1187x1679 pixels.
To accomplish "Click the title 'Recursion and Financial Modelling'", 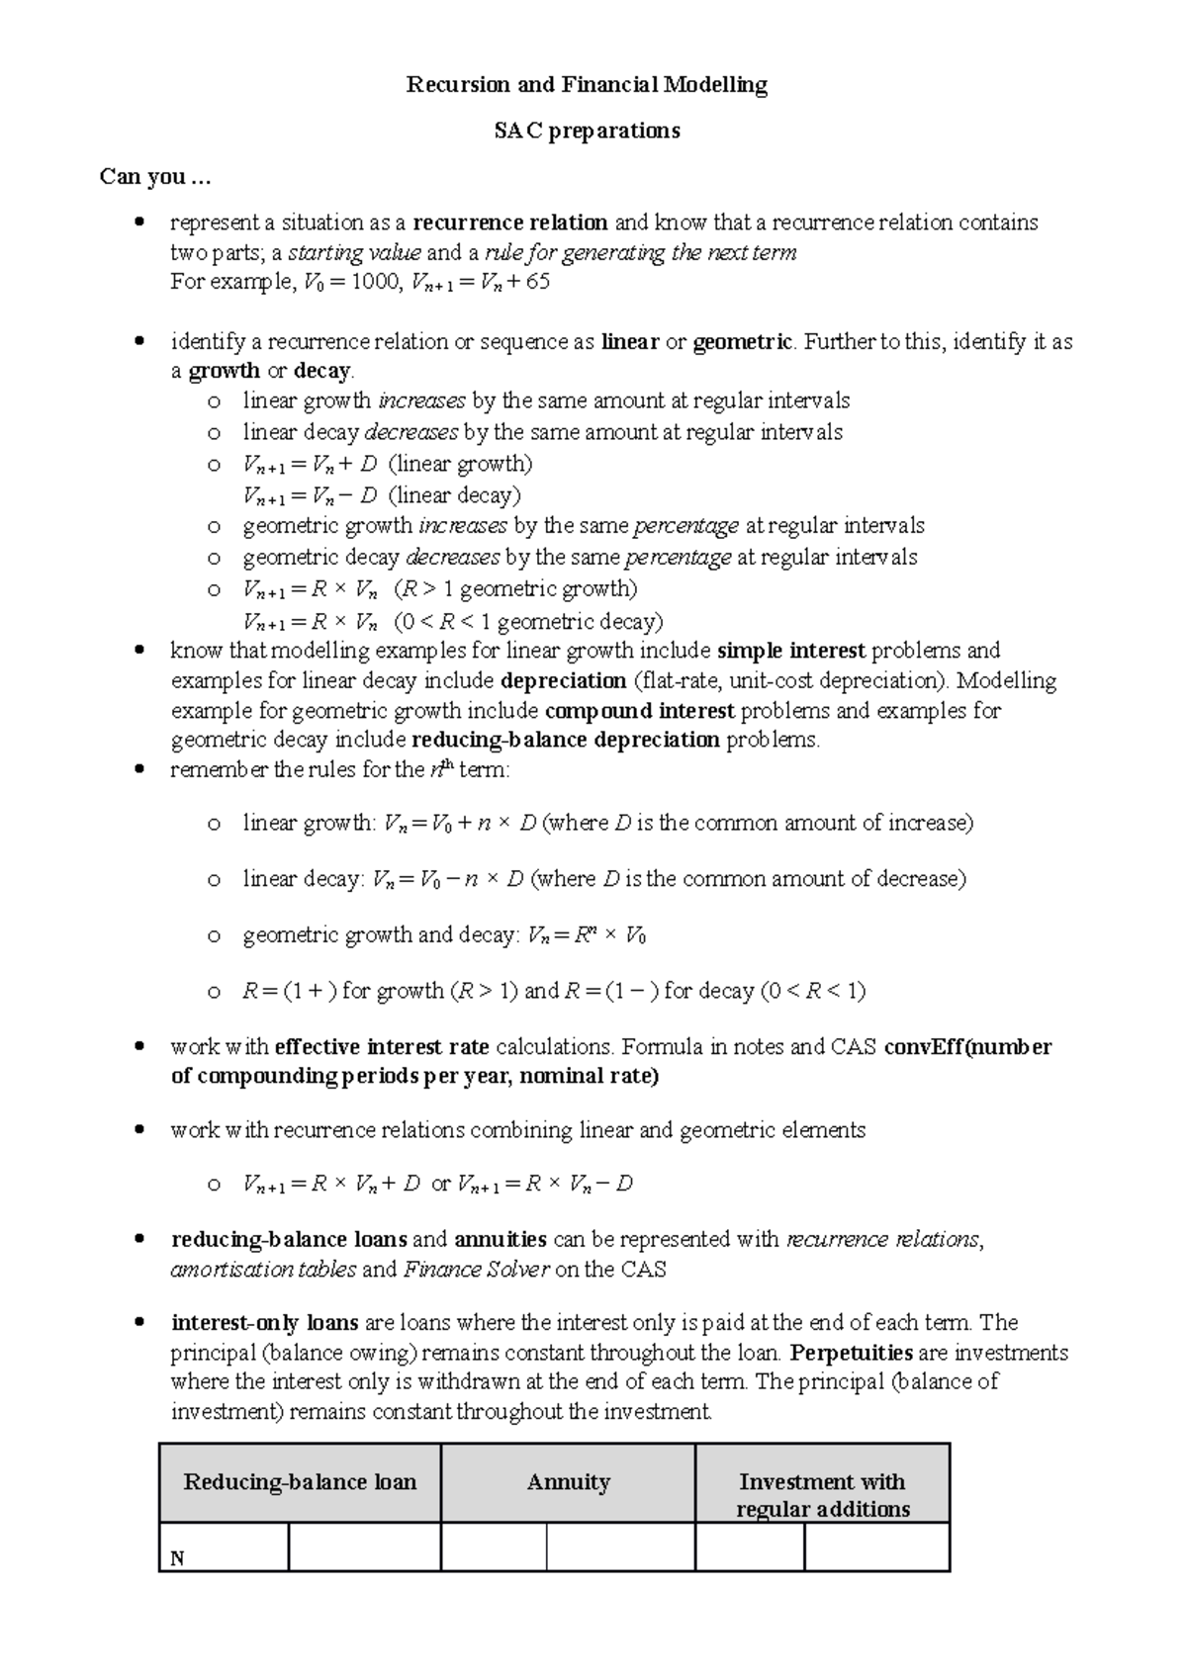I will (587, 85).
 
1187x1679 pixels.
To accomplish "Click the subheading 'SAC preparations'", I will (587, 131).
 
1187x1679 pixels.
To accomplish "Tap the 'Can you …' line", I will (155, 177).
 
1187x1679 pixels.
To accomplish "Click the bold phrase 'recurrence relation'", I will (510, 222).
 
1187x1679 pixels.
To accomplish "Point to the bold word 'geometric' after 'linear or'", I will (742, 342).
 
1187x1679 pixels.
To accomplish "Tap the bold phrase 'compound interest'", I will (640, 711).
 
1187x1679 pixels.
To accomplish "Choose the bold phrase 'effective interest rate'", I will (381, 1047).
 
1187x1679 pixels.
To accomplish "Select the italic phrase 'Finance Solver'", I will (476, 1270).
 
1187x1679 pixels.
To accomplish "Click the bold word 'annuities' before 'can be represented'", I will (500, 1240).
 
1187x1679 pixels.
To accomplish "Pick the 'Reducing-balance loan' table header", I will (300, 1482).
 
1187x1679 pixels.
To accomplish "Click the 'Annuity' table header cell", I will (568, 1482).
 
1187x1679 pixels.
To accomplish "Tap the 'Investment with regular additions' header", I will (822, 1495).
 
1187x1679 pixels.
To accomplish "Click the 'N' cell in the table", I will (178, 1559).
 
